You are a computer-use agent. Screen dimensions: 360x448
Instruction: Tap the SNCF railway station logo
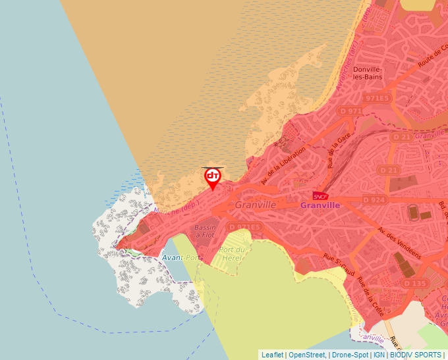(x=320, y=195)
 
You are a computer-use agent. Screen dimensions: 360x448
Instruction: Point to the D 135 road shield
(x=414, y=282)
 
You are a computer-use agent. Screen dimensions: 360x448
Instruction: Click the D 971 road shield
(x=350, y=111)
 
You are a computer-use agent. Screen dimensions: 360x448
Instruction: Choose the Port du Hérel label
(x=232, y=254)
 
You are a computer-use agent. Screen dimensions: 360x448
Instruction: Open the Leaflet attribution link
(x=272, y=355)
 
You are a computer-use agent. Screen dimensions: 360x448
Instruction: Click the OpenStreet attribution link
(x=306, y=355)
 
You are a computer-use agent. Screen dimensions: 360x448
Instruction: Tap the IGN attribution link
(x=379, y=355)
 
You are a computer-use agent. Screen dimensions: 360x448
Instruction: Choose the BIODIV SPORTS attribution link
(x=416, y=355)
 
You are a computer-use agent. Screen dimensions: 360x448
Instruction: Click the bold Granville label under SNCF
(x=320, y=205)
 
